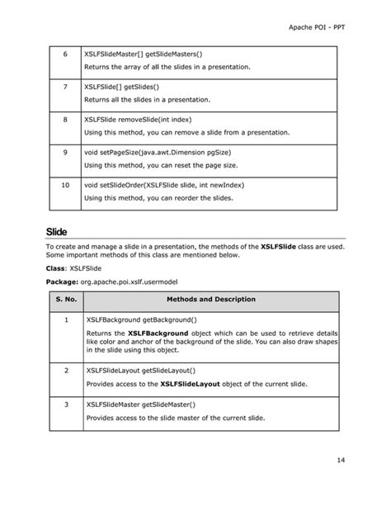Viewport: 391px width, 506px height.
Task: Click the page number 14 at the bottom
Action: point(340,459)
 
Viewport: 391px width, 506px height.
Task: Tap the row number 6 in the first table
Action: point(64,54)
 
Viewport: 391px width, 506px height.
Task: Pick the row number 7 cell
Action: point(64,87)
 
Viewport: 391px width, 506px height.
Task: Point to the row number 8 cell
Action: point(64,120)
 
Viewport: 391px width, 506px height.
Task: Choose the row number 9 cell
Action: point(64,153)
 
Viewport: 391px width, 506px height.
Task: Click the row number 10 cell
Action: point(64,186)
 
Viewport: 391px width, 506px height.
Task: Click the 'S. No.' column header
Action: point(64,300)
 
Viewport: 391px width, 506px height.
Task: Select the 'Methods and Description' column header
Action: point(211,300)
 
